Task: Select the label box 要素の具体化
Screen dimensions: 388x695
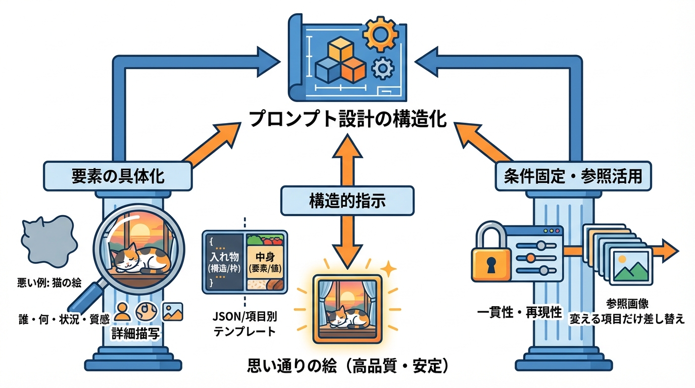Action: (x=118, y=176)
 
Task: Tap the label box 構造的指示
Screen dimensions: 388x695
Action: (x=347, y=201)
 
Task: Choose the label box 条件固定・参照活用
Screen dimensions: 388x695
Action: (x=572, y=176)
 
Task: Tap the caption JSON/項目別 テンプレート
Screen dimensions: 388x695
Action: (x=245, y=324)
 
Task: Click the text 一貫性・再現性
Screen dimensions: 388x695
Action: (x=519, y=312)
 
